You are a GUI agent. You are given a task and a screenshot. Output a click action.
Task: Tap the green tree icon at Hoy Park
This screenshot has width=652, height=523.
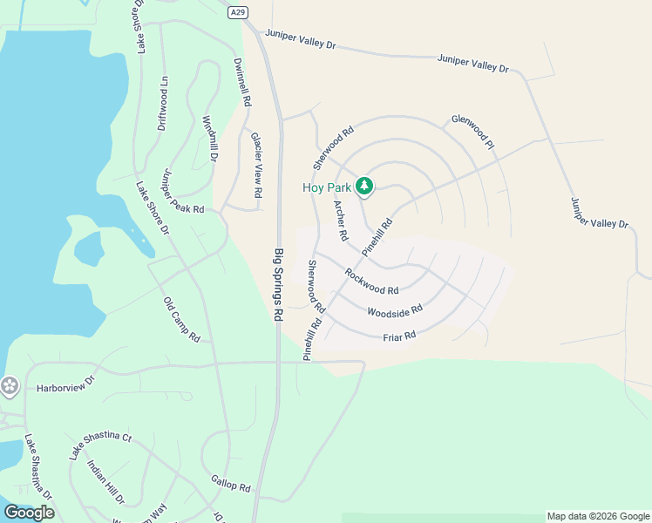[364, 187]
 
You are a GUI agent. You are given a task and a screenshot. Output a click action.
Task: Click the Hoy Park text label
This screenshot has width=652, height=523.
[327, 187]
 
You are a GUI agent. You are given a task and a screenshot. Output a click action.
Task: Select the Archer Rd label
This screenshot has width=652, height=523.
[341, 220]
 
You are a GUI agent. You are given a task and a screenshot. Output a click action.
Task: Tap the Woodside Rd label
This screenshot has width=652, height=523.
[395, 309]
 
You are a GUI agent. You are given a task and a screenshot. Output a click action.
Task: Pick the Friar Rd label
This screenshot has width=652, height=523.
[399, 336]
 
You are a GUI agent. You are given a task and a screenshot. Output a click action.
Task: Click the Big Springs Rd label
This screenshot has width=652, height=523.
[280, 286]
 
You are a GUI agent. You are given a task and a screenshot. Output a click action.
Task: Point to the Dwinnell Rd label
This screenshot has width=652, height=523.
[242, 82]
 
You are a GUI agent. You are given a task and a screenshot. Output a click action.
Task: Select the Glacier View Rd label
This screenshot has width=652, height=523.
[257, 163]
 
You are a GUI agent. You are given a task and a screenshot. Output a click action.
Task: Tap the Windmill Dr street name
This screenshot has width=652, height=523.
[209, 139]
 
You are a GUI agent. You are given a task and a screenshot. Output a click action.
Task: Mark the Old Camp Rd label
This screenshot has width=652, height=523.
[182, 319]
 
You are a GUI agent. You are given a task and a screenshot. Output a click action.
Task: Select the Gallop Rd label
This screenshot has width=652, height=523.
[231, 482]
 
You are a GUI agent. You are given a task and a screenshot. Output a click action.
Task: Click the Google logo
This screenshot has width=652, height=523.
[29, 513]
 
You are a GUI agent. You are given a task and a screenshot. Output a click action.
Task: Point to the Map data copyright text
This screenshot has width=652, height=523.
[598, 516]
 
